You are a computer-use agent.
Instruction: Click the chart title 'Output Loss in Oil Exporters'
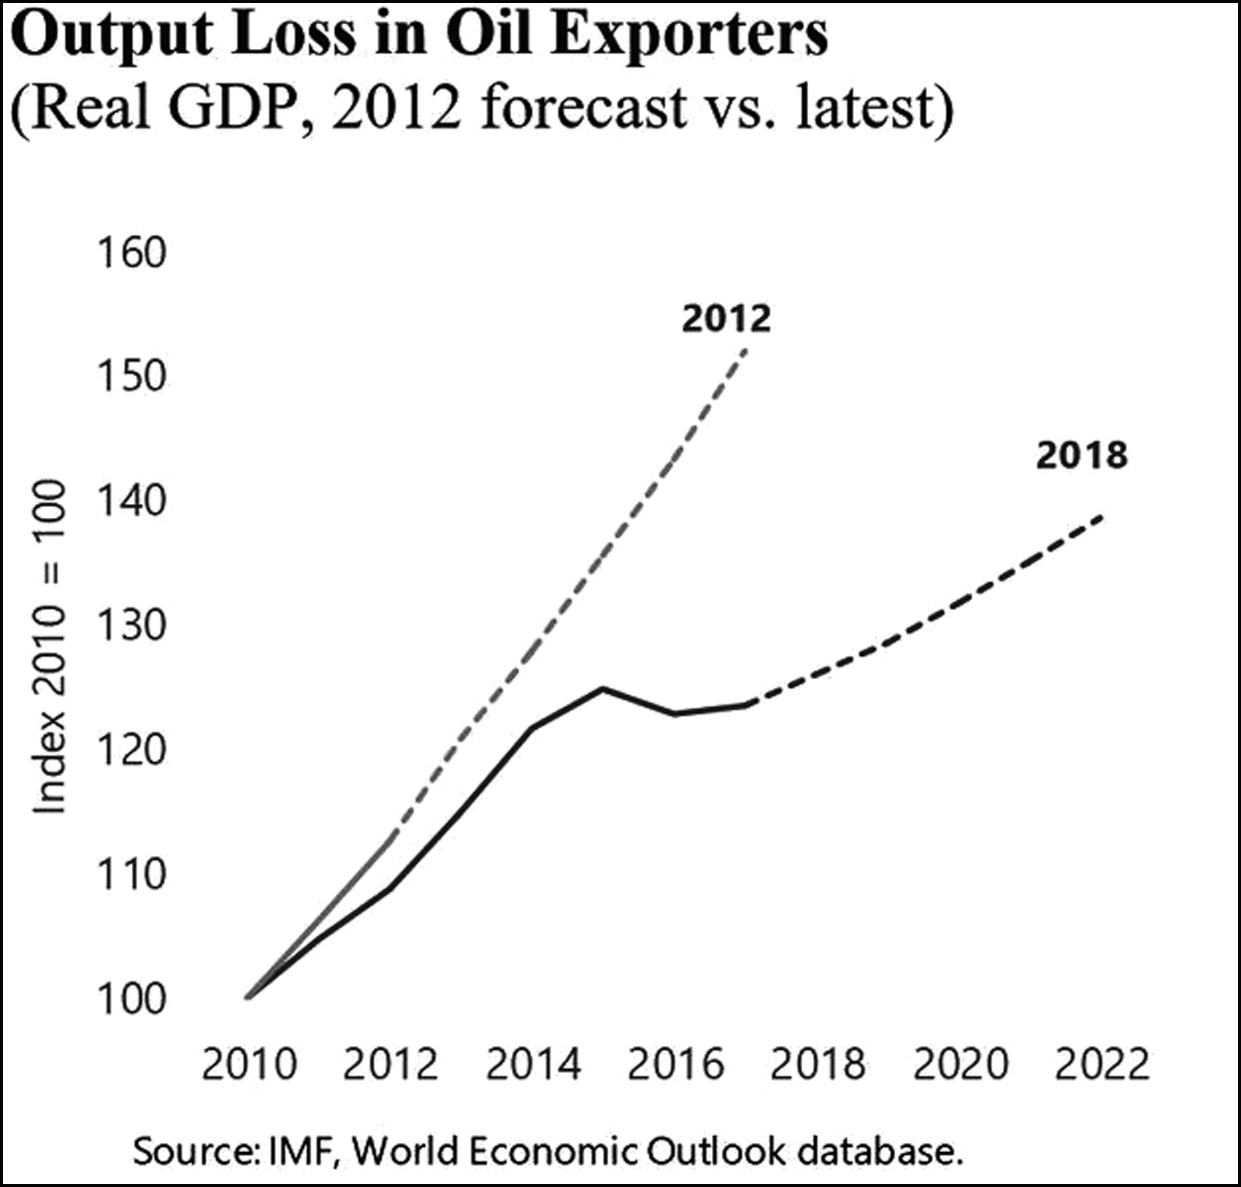point(420,36)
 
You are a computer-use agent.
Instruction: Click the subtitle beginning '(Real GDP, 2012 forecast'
point(481,107)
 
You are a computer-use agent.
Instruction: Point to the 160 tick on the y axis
point(131,253)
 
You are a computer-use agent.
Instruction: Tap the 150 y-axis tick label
point(131,377)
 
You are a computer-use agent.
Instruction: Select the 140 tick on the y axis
point(131,501)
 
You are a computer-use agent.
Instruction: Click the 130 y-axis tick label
point(131,626)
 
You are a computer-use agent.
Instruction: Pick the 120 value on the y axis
point(131,750)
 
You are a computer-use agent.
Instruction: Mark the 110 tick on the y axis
point(131,875)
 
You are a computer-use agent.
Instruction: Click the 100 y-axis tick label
point(131,999)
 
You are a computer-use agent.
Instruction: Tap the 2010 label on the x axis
point(249,1065)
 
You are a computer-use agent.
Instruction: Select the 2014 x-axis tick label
point(533,1065)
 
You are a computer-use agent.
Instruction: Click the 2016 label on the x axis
point(675,1065)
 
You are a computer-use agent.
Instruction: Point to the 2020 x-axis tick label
point(960,1065)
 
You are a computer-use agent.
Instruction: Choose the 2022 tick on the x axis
point(1101,1065)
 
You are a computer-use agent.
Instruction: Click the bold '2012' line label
point(726,319)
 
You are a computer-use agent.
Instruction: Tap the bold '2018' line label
point(1081,455)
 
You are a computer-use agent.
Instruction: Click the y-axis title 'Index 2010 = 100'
point(49,647)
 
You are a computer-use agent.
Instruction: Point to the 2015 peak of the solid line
point(603,688)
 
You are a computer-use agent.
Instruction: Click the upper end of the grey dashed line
point(745,350)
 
